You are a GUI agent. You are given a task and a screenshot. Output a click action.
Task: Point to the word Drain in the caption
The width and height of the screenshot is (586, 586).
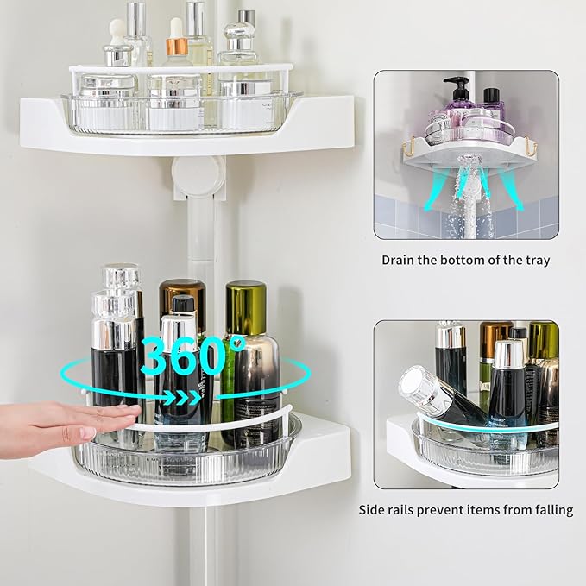coord(400,260)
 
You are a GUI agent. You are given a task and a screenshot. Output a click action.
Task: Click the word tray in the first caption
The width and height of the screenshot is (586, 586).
coord(534,260)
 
